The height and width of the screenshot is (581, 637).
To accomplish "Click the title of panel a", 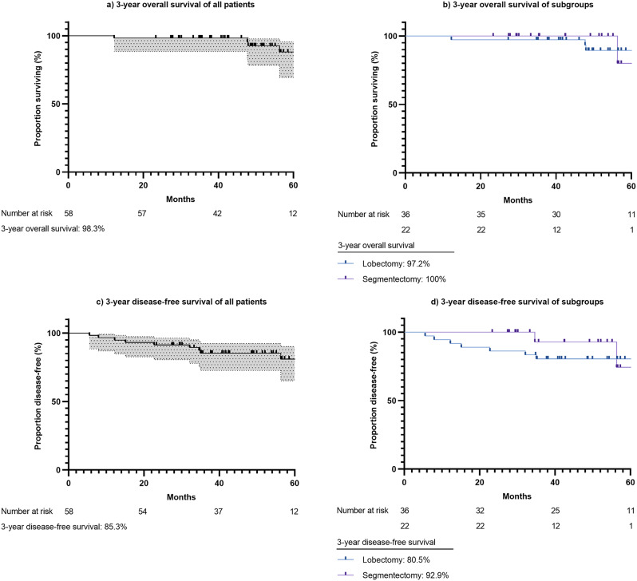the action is (180, 5).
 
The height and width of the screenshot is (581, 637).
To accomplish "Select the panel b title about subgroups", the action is (517, 5).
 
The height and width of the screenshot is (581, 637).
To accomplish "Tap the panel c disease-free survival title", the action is (181, 302).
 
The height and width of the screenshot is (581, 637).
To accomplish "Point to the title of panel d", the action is (517, 302).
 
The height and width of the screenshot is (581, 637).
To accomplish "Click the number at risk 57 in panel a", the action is (142, 213).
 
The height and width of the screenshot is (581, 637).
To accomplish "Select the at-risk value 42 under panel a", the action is (217, 213).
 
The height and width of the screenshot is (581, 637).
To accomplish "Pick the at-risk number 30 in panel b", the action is (556, 214).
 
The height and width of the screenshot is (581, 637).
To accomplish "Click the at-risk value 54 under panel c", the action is (142, 511).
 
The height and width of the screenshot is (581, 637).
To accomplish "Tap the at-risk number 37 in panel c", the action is (218, 511).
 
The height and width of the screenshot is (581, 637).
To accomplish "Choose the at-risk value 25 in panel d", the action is (556, 510).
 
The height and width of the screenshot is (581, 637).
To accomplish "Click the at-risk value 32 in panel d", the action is (481, 510).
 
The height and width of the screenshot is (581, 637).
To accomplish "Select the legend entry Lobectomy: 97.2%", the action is (396, 263).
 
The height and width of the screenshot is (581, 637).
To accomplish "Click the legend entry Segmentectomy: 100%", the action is (404, 279).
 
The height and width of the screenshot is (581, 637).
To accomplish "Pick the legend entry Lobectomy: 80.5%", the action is (396, 560).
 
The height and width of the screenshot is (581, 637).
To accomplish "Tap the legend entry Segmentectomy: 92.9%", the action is (406, 575).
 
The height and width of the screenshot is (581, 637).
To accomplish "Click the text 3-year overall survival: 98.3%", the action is (53, 229).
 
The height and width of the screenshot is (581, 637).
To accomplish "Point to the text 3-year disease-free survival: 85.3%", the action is (64, 527).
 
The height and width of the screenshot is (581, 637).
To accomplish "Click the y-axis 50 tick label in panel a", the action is (55, 104).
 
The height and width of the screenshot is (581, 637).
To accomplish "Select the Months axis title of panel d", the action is (516, 496).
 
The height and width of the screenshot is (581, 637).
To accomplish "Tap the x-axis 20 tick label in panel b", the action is (481, 186).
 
